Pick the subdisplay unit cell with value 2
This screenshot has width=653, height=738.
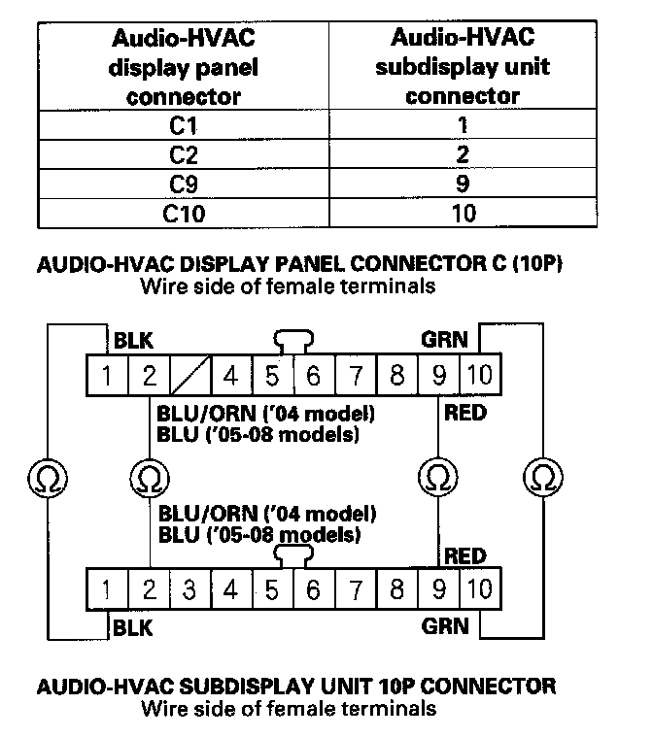463,154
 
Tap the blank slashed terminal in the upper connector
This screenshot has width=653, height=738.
189,375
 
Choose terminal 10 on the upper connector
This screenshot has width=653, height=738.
478,375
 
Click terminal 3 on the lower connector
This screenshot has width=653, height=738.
189,587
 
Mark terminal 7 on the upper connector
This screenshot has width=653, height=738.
356,375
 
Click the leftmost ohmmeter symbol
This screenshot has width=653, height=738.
45,477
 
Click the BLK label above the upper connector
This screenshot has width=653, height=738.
133,341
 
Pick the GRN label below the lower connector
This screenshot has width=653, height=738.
445,625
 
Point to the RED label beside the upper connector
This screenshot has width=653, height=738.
464,414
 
